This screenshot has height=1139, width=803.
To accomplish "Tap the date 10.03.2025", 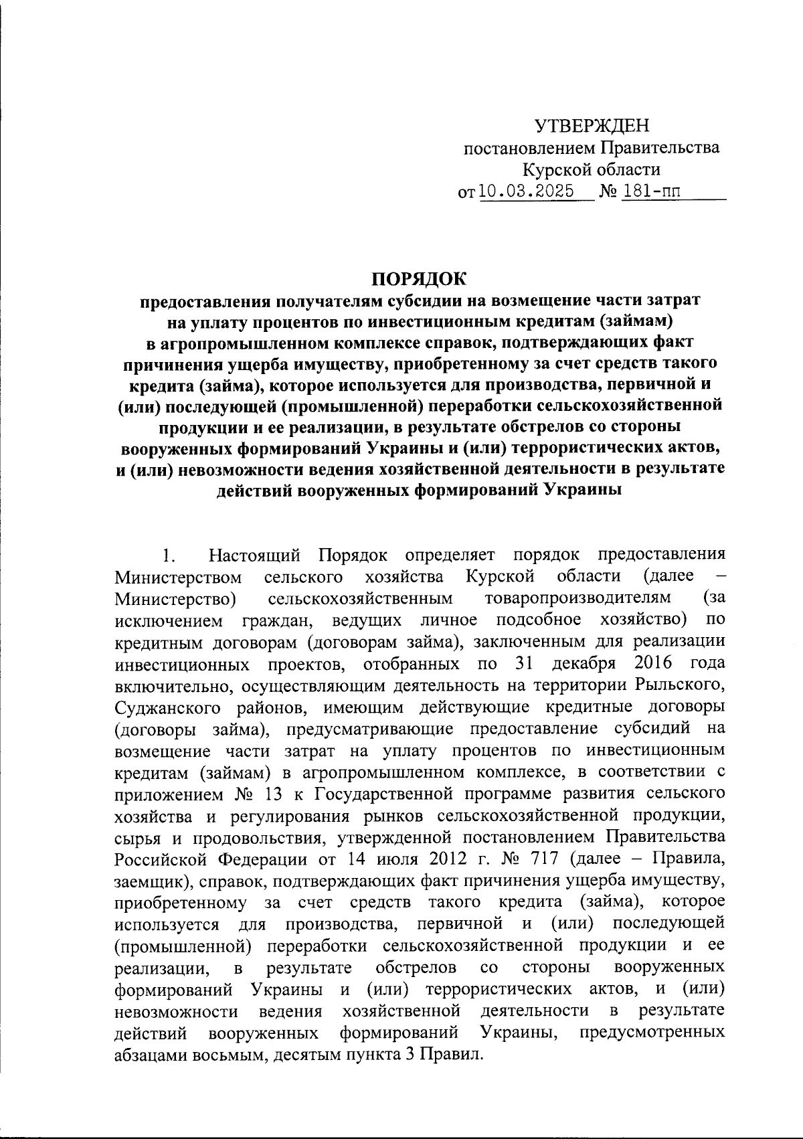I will tap(527, 191).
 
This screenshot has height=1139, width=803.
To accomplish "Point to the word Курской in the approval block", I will tap(555, 170).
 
